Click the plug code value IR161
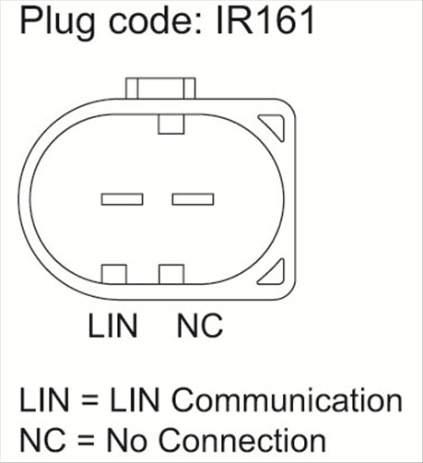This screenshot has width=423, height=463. (265, 20)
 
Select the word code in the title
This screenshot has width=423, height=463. (152, 20)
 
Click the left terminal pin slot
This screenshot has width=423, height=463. (122, 199)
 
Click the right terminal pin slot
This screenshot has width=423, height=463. (193, 199)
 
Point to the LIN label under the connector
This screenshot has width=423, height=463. (112, 326)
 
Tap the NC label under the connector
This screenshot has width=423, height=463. (200, 326)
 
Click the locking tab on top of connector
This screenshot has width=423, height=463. (160, 89)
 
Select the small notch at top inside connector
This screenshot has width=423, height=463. (171, 125)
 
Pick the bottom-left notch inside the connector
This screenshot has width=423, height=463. (114, 274)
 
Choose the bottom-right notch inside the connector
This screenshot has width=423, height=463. (171, 274)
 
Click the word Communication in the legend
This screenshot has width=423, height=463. (287, 399)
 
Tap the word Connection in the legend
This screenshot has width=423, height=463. (241, 441)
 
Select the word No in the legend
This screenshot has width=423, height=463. (126, 441)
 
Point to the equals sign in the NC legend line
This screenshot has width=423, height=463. (86, 441)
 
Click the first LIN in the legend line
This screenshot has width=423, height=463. (44, 399)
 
